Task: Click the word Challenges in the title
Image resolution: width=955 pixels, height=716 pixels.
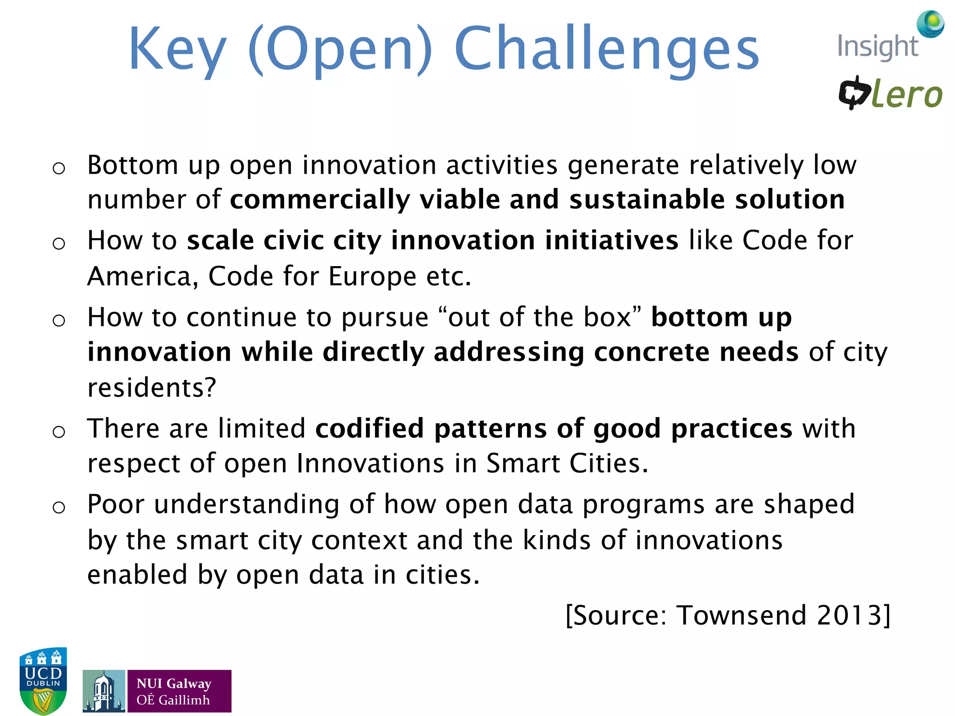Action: tap(606, 49)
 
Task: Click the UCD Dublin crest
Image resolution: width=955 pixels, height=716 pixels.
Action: tap(43, 680)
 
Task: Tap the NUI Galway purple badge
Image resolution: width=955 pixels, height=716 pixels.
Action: tap(179, 691)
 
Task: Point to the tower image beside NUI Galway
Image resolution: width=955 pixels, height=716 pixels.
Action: tap(104, 691)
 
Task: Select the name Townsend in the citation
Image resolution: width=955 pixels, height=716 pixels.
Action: tap(741, 615)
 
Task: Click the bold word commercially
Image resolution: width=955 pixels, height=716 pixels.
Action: tap(320, 200)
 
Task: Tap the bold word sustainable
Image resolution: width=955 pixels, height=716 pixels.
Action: tap(647, 200)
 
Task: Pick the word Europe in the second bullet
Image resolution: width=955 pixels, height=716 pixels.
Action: tap(372, 276)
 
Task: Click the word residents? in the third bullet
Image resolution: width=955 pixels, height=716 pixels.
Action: tap(152, 388)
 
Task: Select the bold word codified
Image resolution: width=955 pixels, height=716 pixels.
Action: tap(369, 428)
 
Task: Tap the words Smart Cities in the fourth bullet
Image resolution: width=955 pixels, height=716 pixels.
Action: tap(567, 463)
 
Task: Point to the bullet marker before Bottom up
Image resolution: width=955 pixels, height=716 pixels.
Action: tap(59, 168)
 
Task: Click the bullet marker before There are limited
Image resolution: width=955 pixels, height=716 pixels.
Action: tap(59, 432)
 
